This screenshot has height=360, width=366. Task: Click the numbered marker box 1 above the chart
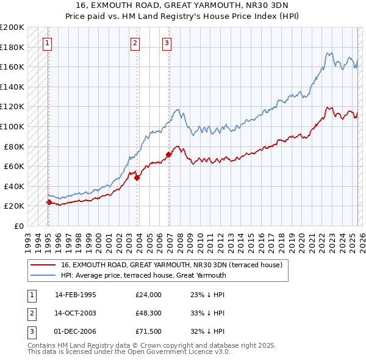tap(48, 43)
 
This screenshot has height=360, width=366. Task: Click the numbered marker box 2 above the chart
tap(135, 43)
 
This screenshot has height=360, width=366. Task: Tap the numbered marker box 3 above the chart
tap(167, 43)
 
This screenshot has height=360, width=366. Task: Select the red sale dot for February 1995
tap(48, 202)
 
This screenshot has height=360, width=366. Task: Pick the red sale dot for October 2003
tap(137, 178)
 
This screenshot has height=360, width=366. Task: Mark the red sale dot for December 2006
tap(168, 154)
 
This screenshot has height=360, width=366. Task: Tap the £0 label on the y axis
tap(20, 226)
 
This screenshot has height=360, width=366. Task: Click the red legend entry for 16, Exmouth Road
tap(171, 265)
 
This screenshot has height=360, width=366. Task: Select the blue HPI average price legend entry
tap(143, 275)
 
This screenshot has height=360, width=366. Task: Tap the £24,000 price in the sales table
tap(148, 295)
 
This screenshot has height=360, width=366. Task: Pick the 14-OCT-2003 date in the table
tap(76, 314)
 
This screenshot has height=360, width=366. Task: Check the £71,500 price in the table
tap(148, 333)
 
